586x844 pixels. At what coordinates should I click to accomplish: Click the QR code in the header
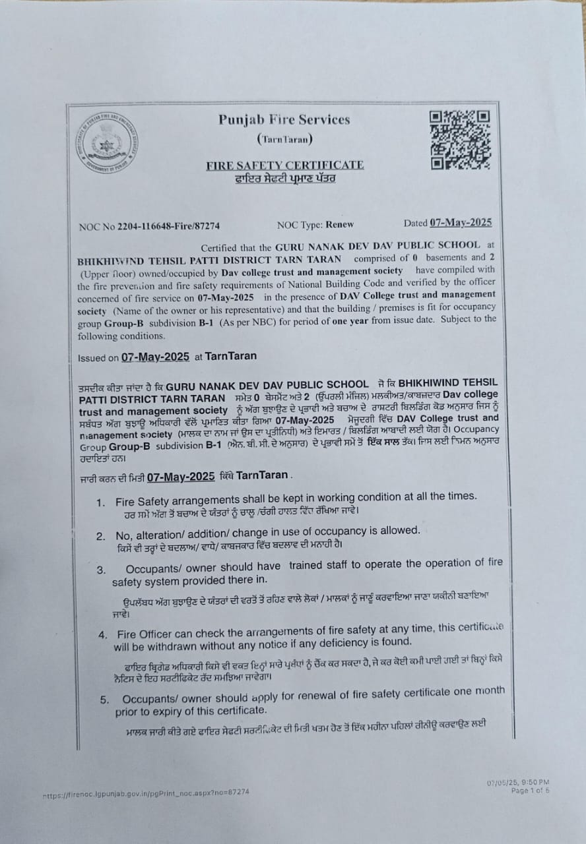point(461,139)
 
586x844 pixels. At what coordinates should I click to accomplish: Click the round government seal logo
point(106,142)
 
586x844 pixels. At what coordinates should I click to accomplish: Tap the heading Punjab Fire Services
point(284,119)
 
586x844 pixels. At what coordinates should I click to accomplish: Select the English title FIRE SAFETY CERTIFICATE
point(284,165)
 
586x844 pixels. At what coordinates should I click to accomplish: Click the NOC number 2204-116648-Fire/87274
point(169,226)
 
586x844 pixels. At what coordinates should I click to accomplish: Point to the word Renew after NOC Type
point(339,224)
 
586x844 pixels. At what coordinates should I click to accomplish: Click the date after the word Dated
point(461,223)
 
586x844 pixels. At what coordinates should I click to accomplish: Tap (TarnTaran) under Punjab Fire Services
point(284,139)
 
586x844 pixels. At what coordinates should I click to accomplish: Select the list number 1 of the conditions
point(100,502)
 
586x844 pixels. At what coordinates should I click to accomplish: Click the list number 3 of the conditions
point(101,569)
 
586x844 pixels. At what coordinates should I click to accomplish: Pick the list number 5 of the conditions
point(104,700)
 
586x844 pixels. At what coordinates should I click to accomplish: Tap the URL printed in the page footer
point(146,794)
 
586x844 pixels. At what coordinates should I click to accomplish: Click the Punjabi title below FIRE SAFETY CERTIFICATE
point(284,179)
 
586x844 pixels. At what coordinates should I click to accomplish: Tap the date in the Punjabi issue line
point(181,476)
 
